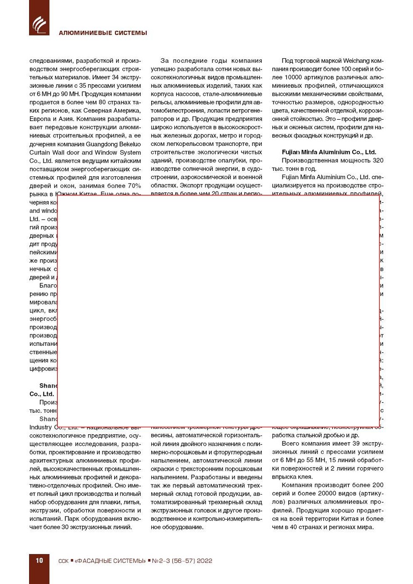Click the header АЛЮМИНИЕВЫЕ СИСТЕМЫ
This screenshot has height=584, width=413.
pyautogui.click(x=103, y=33)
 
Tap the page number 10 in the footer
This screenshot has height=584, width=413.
pyautogui.click(x=39, y=560)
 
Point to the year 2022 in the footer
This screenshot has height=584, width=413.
pyautogui.click(x=204, y=561)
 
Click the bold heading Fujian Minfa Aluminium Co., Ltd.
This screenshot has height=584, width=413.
pyautogui.click(x=329, y=152)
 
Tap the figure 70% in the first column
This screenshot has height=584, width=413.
pyautogui.click(x=134, y=186)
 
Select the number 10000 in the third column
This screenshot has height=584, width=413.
pyautogui.click(x=294, y=77)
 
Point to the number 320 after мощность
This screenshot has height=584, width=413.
pyautogui.click(x=378, y=160)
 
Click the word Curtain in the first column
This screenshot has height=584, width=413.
pyautogui.click(x=39, y=153)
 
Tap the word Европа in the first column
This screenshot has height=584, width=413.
pyautogui.click(x=40, y=119)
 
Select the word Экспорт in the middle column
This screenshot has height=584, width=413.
pyautogui.click(x=192, y=186)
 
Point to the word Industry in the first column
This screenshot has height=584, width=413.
pyautogui.click(x=40, y=427)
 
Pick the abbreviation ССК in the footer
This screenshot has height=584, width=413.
pyautogui.click(x=63, y=561)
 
